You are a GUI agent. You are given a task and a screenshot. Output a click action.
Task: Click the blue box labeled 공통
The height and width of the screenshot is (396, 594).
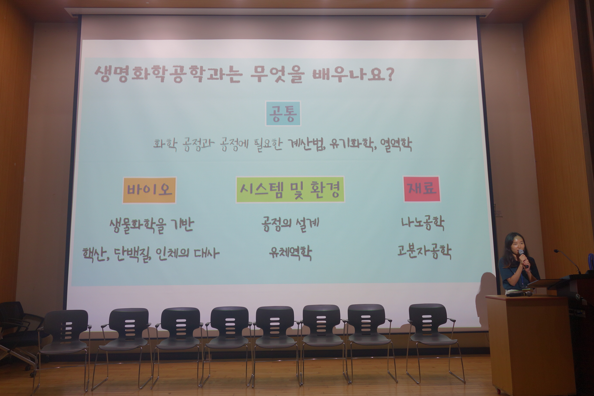coord(283,113)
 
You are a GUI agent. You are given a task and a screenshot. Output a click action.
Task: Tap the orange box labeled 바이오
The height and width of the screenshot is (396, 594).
coord(149,190)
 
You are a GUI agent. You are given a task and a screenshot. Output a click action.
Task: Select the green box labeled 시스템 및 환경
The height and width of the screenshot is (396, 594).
coord(290,189)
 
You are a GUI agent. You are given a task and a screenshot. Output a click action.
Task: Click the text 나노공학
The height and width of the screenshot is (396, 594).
coord(422,223)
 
